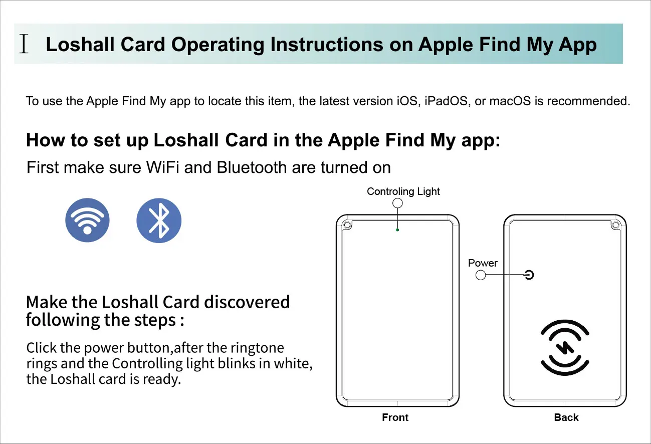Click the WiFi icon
(87, 219)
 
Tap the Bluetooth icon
(159, 219)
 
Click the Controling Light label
(403, 191)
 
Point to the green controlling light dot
(397, 230)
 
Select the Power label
(483, 263)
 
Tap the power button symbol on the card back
(529, 274)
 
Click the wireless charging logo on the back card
(565, 347)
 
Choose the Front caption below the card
(395, 417)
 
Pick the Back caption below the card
(566, 417)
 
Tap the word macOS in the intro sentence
(509, 101)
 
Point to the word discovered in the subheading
(247, 302)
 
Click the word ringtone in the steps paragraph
(256, 348)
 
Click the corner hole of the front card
(346, 225)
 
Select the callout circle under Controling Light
(397, 203)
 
